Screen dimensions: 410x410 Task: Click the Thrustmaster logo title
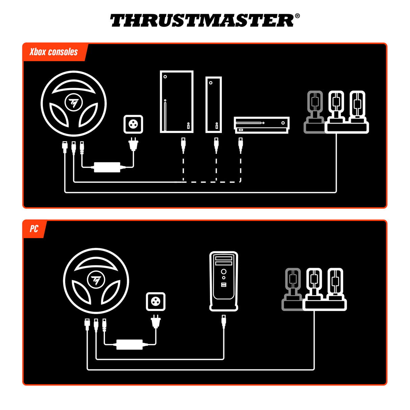point(202,21)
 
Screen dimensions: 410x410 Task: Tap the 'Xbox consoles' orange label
point(54,52)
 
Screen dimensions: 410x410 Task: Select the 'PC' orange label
point(34,229)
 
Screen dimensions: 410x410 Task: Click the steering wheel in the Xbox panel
point(74,103)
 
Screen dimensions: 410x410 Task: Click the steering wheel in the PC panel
point(96,281)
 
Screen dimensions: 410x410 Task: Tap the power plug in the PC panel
point(156,322)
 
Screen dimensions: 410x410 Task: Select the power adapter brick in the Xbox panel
point(107,167)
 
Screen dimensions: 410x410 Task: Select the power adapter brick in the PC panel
point(129,344)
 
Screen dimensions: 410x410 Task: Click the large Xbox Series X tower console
point(176,102)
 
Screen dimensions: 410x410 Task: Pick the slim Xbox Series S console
point(213,104)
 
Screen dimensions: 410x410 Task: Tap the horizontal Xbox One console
point(262,125)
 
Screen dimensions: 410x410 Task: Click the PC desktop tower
point(224,280)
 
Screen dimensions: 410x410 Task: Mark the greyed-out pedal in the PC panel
point(292,290)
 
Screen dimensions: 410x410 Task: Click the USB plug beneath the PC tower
point(224,321)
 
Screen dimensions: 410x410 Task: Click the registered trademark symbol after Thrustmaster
point(297,16)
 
